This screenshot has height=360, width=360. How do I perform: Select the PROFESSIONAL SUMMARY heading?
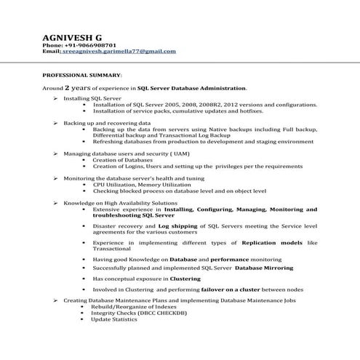pos(81,75)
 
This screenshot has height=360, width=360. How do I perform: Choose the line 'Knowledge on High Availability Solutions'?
pos(120,203)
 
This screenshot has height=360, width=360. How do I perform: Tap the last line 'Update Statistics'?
pos(114,319)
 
